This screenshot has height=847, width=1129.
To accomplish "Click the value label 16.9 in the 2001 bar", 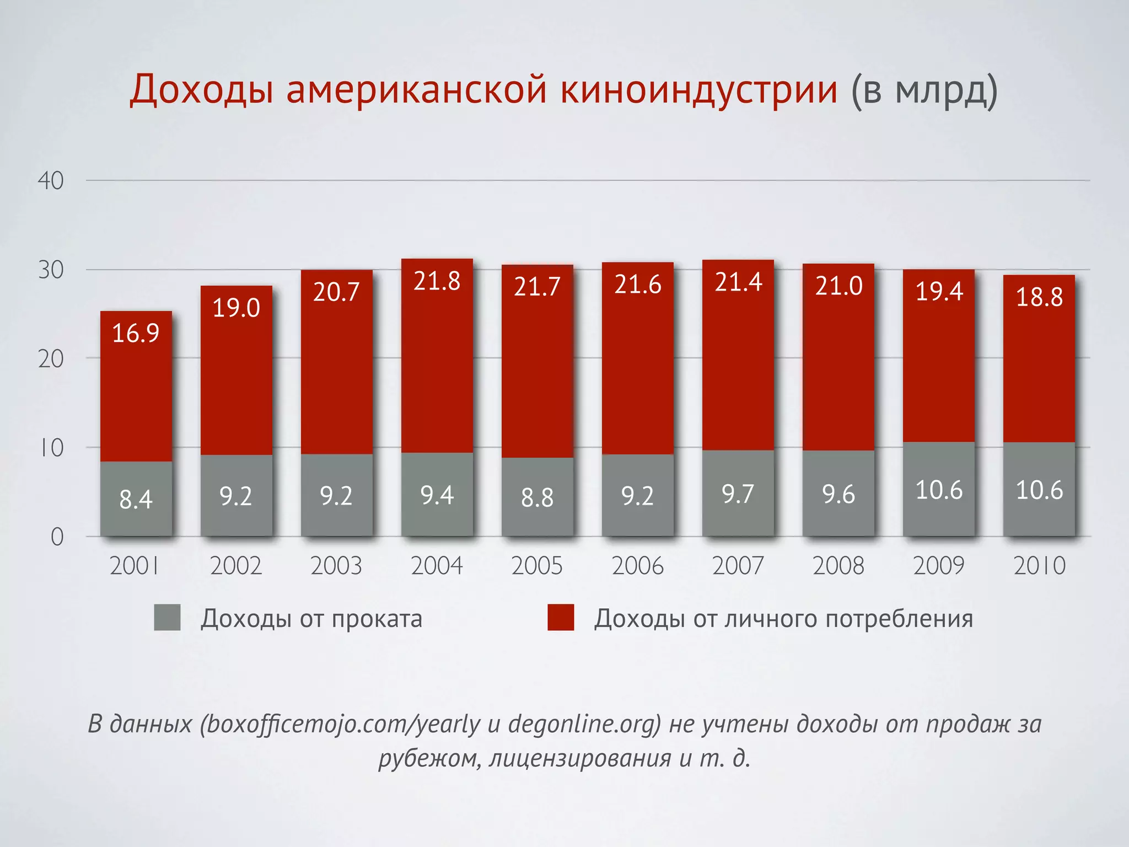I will (x=136, y=333).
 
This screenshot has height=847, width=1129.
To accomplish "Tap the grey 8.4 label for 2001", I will (x=136, y=500).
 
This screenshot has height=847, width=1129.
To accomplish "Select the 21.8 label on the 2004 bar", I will (x=437, y=281).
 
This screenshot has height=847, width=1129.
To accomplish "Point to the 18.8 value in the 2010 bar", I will (x=1039, y=297).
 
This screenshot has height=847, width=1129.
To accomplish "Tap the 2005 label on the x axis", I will (x=537, y=566).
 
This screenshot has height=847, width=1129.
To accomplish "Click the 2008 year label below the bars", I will (x=838, y=566).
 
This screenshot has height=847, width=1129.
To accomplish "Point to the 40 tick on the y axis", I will (x=51, y=181).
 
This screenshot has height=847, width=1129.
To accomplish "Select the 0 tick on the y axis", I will (x=57, y=537).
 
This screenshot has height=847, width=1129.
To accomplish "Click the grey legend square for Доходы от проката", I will (x=167, y=618).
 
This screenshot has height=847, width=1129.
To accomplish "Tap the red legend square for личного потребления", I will (x=561, y=618).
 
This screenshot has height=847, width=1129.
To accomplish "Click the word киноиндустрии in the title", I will (x=699, y=89).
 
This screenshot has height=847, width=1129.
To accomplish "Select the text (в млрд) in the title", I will (x=925, y=90).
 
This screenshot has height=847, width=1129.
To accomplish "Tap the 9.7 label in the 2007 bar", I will (x=738, y=494).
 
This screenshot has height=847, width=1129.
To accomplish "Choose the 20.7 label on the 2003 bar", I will (x=336, y=292).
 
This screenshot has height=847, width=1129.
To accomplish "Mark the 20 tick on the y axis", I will (x=51, y=359).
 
